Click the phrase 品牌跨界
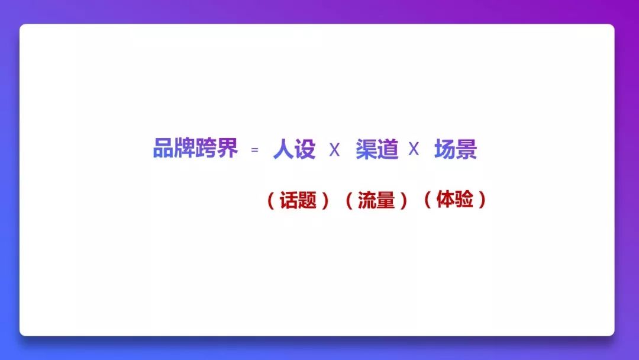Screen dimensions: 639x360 195,147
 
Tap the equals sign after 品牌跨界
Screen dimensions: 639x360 254,150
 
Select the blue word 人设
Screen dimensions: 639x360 294,149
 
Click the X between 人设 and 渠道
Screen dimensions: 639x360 334,150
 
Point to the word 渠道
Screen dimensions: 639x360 377,149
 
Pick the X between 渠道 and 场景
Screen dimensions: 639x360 414,149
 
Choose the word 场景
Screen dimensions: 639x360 456,149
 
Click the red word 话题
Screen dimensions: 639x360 298,200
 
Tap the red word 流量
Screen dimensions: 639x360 376,200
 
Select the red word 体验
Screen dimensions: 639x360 455,200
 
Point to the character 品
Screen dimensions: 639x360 163,147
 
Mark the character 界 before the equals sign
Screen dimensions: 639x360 227,147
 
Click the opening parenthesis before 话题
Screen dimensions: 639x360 270,201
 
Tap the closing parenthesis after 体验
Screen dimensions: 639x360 483,200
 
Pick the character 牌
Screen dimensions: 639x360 185,147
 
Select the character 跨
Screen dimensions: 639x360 206,147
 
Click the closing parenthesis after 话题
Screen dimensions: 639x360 325,201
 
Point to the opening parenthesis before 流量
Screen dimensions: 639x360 349,201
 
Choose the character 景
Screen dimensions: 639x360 467,149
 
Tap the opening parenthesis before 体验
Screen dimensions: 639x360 428,200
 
